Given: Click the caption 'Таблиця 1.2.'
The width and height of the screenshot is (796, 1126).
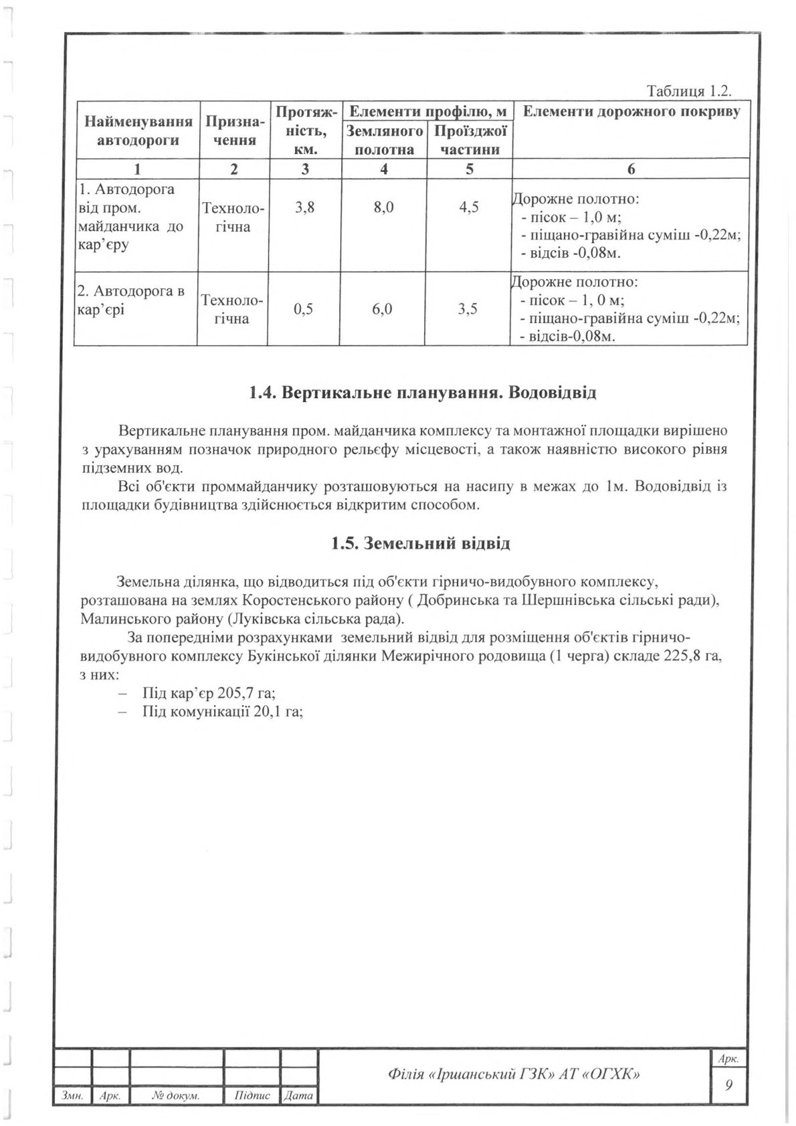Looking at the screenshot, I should click(689, 92).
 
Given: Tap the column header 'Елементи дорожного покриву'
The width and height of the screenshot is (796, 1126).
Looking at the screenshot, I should click(631, 112).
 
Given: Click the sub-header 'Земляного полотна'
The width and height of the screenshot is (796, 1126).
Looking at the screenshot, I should click(384, 140).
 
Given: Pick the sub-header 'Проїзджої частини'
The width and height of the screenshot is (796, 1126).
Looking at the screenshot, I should click(470, 140).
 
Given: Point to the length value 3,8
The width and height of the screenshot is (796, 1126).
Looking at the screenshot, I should click(304, 207).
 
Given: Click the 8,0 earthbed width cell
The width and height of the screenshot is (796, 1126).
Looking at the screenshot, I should click(383, 207).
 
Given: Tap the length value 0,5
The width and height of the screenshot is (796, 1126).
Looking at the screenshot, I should click(304, 309).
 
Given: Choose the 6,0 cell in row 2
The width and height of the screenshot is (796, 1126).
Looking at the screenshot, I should click(383, 309).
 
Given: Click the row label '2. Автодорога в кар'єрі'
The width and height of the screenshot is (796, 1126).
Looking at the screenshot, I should click(132, 300).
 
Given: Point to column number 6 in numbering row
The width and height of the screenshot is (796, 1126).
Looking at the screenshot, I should click(631, 169).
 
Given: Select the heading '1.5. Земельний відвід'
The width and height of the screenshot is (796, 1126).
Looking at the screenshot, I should click(421, 543).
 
